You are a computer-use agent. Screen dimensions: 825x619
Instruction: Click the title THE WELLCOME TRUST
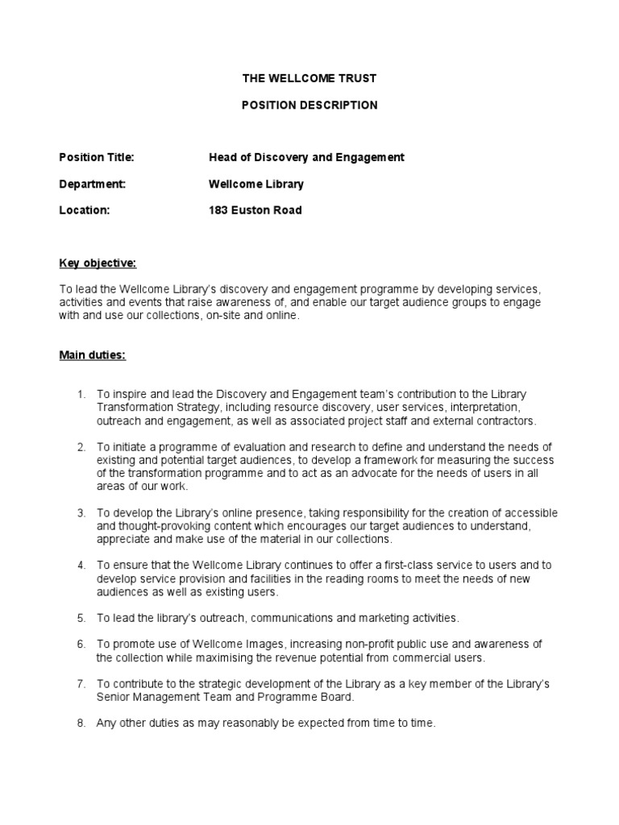[309, 79]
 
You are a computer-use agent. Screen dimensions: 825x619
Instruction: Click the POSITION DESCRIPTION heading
[309, 106]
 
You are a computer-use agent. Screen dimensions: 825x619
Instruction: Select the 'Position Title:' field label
[97, 157]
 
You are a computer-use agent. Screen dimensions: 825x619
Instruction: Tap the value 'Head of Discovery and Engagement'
[306, 157]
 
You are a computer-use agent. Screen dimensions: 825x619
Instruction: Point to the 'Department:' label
[93, 184]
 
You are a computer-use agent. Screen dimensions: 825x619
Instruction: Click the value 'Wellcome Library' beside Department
[256, 184]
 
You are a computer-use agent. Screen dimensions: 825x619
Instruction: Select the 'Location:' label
[84, 210]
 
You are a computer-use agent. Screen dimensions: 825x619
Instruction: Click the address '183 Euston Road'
[255, 210]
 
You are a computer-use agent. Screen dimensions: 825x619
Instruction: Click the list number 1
[81, 394]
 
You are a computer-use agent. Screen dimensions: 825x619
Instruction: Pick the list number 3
[81, 513]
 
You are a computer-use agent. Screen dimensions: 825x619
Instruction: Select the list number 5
[81, 618]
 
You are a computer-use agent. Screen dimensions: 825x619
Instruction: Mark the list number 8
[81, 723]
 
